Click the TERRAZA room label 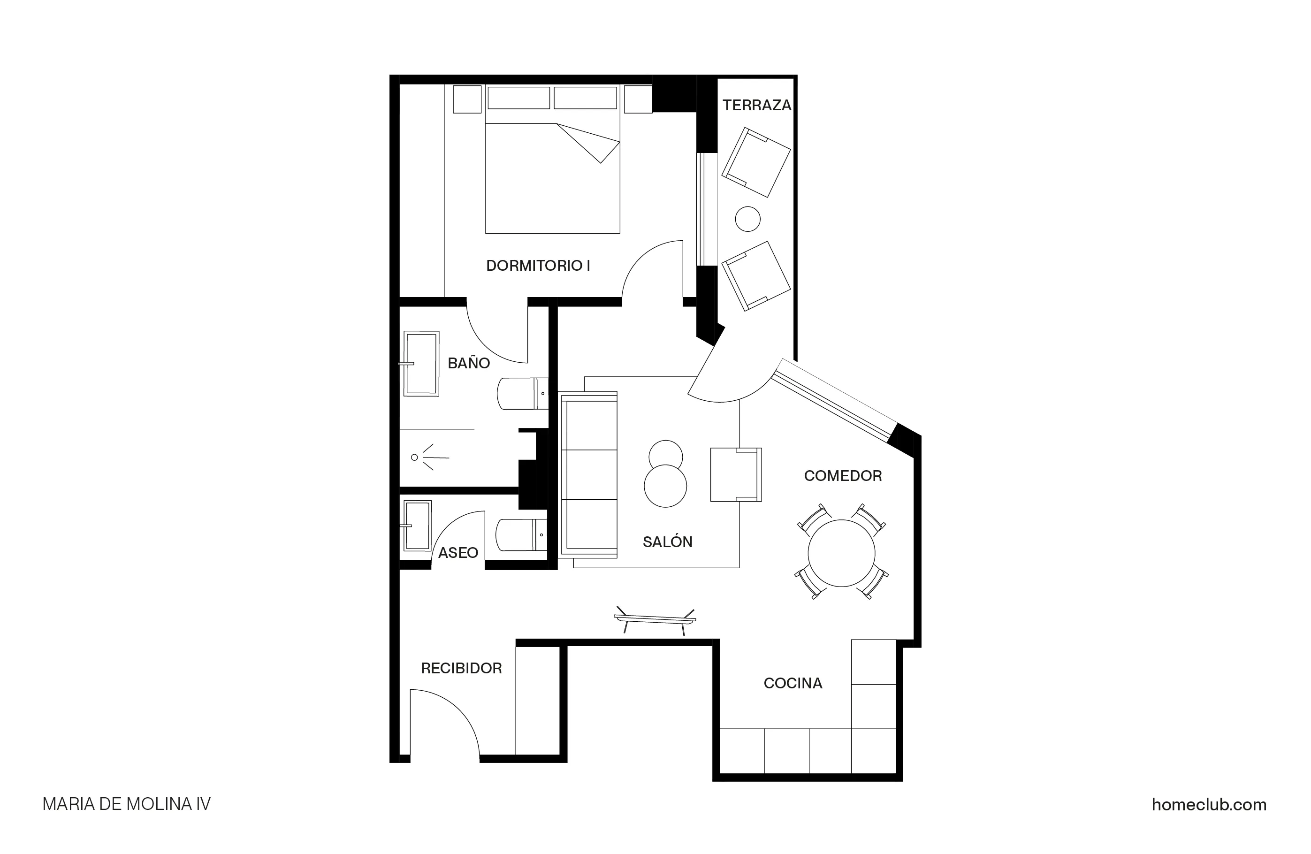point(756,105)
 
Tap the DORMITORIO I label point(538,266)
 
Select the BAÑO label point(469,363)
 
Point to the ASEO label point(458,553)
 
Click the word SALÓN point(667,542)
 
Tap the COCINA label point(793,683)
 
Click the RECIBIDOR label point(461,668)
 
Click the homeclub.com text point(1209,805)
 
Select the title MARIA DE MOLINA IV point(126,804)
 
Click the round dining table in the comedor point(841,553)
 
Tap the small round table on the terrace point(747,219)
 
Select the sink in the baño point(421,363)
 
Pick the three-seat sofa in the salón point(589,474)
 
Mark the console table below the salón point(655,620)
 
